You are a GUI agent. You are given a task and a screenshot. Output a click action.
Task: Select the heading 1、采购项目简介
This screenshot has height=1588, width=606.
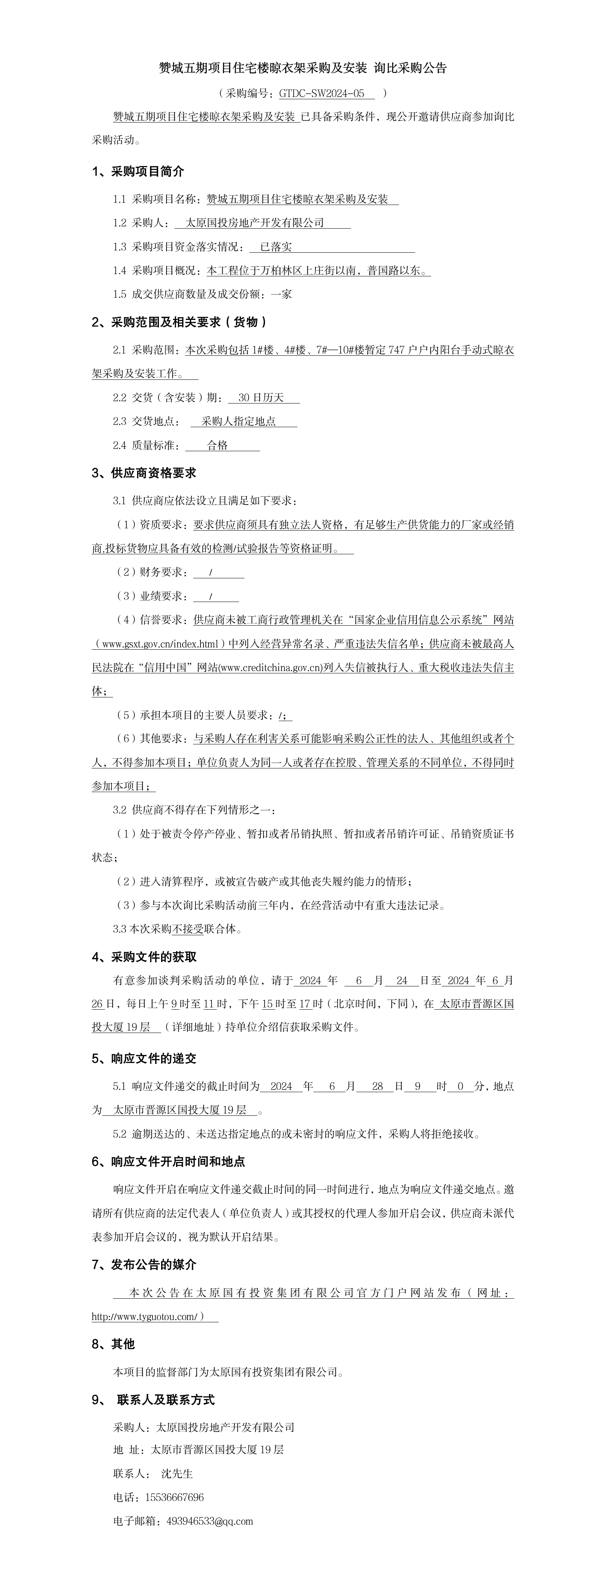138,171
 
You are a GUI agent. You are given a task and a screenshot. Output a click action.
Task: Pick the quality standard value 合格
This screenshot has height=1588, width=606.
217,445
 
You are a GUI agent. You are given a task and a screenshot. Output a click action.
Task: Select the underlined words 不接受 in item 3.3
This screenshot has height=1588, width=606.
187,929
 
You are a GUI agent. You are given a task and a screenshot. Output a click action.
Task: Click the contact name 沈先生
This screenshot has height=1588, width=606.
177,1473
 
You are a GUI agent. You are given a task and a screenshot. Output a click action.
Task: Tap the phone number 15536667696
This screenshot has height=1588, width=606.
175,1498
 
